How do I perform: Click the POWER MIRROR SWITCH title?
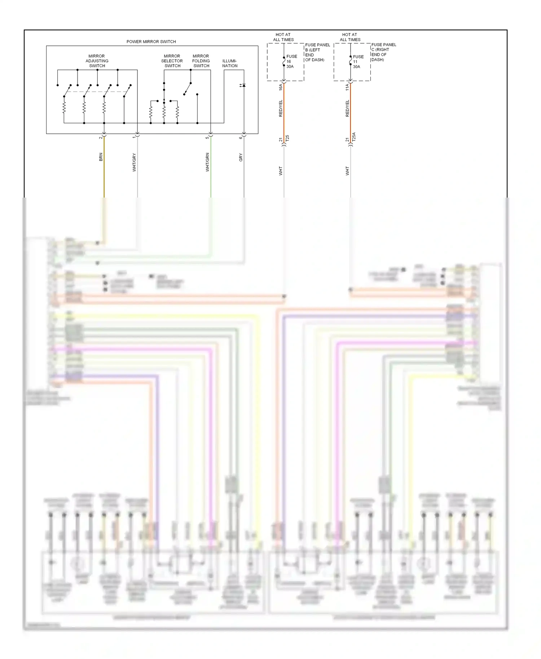(x=151, y=42)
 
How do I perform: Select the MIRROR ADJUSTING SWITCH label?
(x=97, y=61)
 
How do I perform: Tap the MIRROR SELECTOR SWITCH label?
(x=172, y=61)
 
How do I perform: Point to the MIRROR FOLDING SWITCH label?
(x=201, y=61)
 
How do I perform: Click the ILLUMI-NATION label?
(x=230, y=63)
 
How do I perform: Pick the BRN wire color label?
(x=101, y=157)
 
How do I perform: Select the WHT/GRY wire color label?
(x=135, y=162)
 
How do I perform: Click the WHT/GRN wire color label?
(x=207, y=162)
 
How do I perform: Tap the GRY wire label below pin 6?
(x=241, y=158)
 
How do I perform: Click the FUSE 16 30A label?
(x=291, y=62)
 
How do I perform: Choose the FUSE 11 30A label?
(x=357, y=62)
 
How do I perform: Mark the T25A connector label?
(x=354, y=137)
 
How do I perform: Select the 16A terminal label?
(x=281, y=87)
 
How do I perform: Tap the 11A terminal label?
(x=347, y=87)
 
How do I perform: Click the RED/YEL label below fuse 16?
(x=281, y=108)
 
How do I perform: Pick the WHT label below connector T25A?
(x=347, y=171)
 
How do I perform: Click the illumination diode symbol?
(x=243, y=85)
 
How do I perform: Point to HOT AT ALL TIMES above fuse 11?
(x=350, y=37)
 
